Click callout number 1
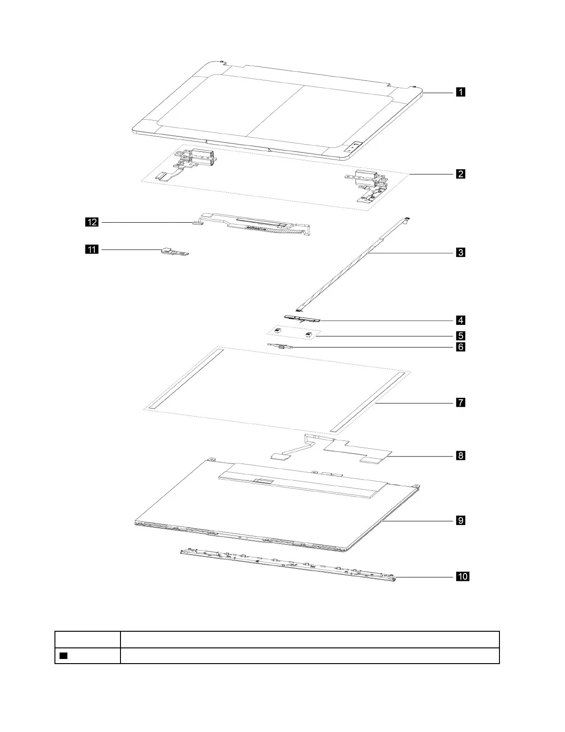point(460,92)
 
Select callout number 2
point(460,174)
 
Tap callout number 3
point(460,252)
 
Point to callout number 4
point(460,320)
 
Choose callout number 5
point(460,335)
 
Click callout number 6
point(460,347)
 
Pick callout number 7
point(460,403)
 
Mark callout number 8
point(460,456)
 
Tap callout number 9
point(460,520)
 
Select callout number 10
point(463,576)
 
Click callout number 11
point(92,250)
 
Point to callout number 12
point(92,223)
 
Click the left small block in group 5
point(278,331)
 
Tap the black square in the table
point(64,656)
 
